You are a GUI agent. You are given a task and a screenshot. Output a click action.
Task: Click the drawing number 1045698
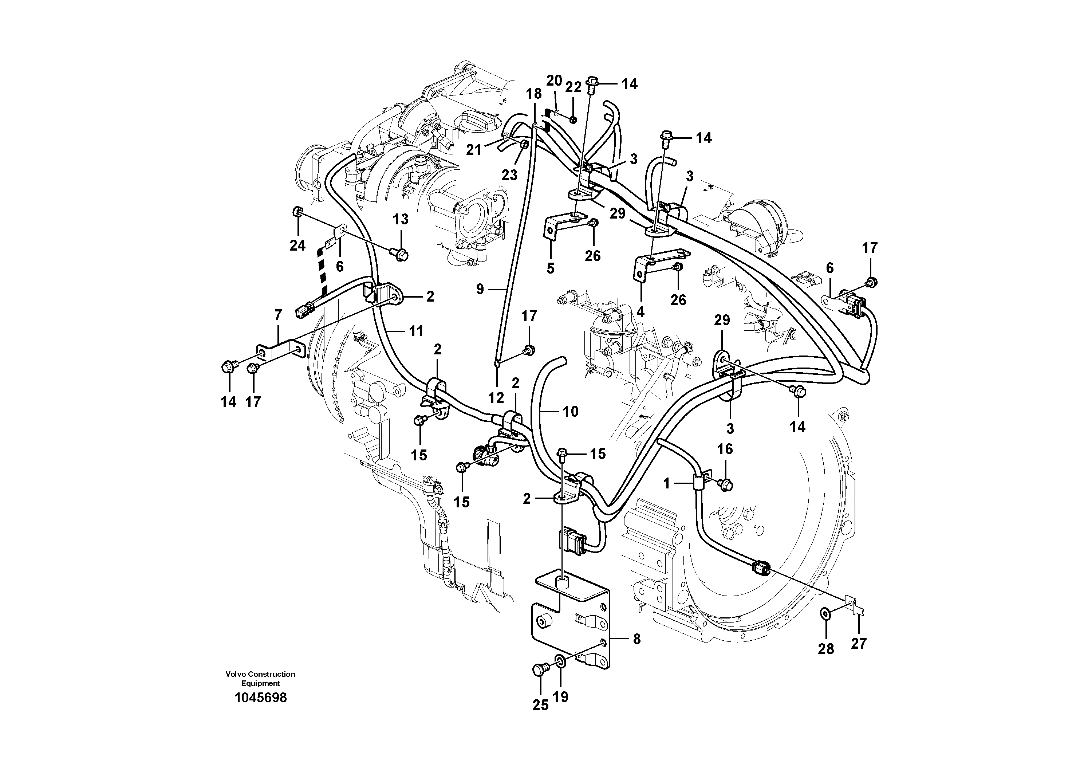(x=261, y=698)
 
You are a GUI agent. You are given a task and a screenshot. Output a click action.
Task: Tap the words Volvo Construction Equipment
(x=260, y=679)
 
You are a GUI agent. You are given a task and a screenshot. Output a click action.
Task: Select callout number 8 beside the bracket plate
(x=636, y=640)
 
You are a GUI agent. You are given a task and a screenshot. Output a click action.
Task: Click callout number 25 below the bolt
(x=541, y=705)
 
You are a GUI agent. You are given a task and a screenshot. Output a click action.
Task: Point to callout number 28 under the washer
(x=826, y=649)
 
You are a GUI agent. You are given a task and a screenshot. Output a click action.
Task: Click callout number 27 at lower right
(x=859, y=643)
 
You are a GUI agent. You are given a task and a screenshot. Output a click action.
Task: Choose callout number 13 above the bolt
(x=401, y=219)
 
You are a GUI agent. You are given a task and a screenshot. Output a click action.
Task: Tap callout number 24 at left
(x=297, y=245)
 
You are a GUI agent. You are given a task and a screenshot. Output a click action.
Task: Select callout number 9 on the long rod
(x=480, y=289)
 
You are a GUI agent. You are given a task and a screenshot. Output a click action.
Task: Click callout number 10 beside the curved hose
(x=570, y=412)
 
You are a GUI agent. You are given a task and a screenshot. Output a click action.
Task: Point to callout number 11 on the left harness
(x=415, y=331)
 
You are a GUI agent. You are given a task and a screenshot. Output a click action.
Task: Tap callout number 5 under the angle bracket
(x=551, y=268)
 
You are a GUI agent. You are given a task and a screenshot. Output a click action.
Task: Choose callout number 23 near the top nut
(x=509, y=175)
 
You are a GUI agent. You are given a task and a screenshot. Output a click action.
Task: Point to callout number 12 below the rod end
(x=496, y=398)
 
